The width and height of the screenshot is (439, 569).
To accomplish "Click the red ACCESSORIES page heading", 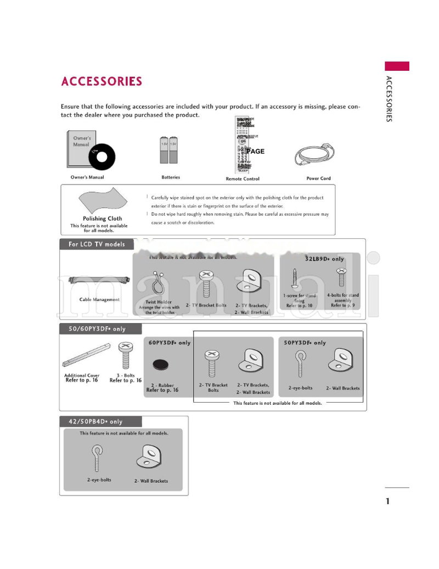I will coord(102,81).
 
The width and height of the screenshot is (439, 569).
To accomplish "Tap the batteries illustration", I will coord(169,150).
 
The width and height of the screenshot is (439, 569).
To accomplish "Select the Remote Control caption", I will coord(243,179).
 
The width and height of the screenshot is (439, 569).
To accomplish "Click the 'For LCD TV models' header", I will coord(97,244).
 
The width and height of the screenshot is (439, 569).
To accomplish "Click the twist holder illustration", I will coord(159,284).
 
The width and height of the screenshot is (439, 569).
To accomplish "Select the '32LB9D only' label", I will coord(324,259).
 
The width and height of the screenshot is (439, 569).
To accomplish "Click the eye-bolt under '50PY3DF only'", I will coord(300,362).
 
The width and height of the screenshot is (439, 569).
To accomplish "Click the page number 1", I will coord(387,501).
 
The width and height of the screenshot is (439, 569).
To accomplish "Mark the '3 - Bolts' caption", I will coord(126,376).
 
